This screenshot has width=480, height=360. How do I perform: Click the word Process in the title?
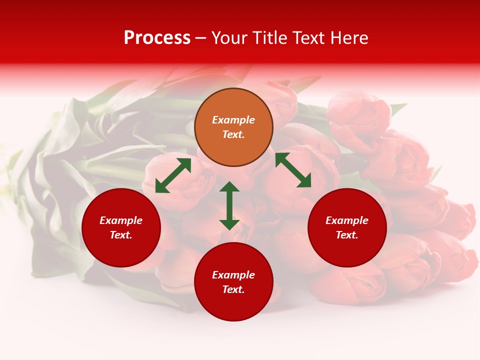click(x=157, y=38)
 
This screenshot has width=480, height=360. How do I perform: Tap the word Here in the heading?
click(x=348, y=38)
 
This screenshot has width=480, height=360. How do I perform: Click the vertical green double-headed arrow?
click(x=229, y=205)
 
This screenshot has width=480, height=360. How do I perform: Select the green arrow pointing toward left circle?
click(x=173, y=175)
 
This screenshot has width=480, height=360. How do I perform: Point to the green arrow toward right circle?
click(x=293, y=170)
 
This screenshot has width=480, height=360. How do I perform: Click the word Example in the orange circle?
click(x=233, y=120)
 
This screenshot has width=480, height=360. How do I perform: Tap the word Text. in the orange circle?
click(x=233, y=134)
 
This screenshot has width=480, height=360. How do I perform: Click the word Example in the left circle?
click(x=121, y=220)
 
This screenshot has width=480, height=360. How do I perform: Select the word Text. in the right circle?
click(x=347, y=235)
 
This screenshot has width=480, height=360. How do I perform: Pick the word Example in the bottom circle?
click(x=233, y=275)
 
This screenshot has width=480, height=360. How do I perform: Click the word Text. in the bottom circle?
click(x=233, y=289)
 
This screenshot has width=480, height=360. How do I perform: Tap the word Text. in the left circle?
click(x=121, y=235)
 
